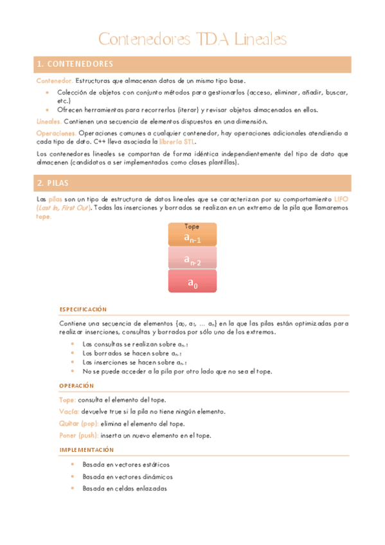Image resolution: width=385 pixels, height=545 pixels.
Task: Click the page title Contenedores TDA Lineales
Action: tap(192, 40)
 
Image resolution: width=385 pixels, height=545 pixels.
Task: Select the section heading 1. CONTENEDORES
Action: tap(76, 64)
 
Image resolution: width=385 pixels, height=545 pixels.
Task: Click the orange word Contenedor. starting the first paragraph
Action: tap(54, 81)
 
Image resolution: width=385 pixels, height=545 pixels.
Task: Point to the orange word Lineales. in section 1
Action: tap(49, 121)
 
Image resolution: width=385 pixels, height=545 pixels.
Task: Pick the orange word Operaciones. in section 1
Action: tap(57, 133)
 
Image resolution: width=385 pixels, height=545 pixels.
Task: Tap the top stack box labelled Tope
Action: tap(192, 235)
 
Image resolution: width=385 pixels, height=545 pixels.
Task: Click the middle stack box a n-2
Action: tap(192, 258)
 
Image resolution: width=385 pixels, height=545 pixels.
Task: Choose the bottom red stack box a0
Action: tap(192, 281)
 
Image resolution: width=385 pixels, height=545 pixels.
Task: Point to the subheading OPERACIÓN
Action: tap(76, 386)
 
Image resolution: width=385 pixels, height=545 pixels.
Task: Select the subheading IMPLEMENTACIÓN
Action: tap(86, 450)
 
